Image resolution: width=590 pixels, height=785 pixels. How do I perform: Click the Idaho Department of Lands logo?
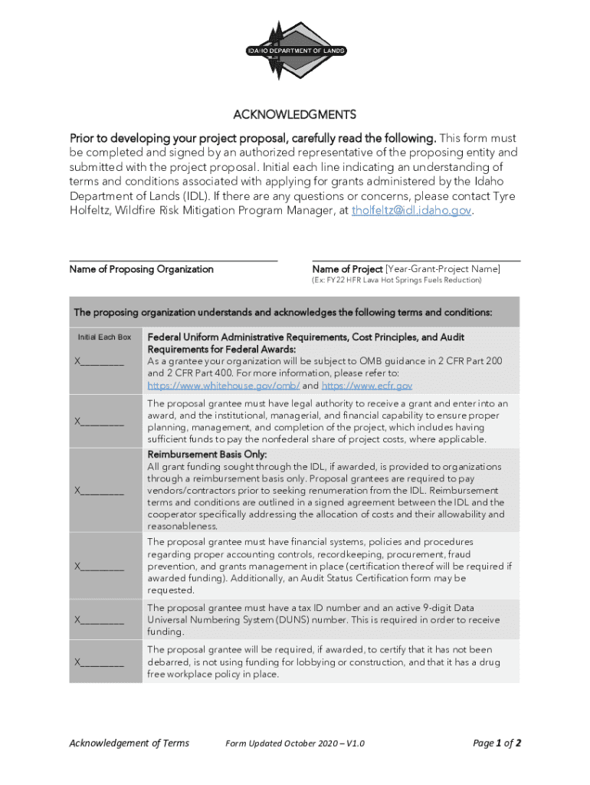click(295, 51)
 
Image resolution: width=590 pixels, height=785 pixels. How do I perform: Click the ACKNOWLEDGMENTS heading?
click(295, 115)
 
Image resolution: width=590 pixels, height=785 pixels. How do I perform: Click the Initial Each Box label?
click(105, 337)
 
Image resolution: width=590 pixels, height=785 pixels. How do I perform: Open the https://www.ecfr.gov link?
click(367, 386)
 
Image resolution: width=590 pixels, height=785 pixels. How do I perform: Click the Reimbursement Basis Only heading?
click(206, 454)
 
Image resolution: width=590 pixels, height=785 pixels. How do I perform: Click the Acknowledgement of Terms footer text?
click(129, 743)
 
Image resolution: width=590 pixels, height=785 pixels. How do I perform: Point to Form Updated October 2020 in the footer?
click(295, 744)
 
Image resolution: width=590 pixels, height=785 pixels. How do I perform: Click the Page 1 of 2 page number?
click(497, 743)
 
